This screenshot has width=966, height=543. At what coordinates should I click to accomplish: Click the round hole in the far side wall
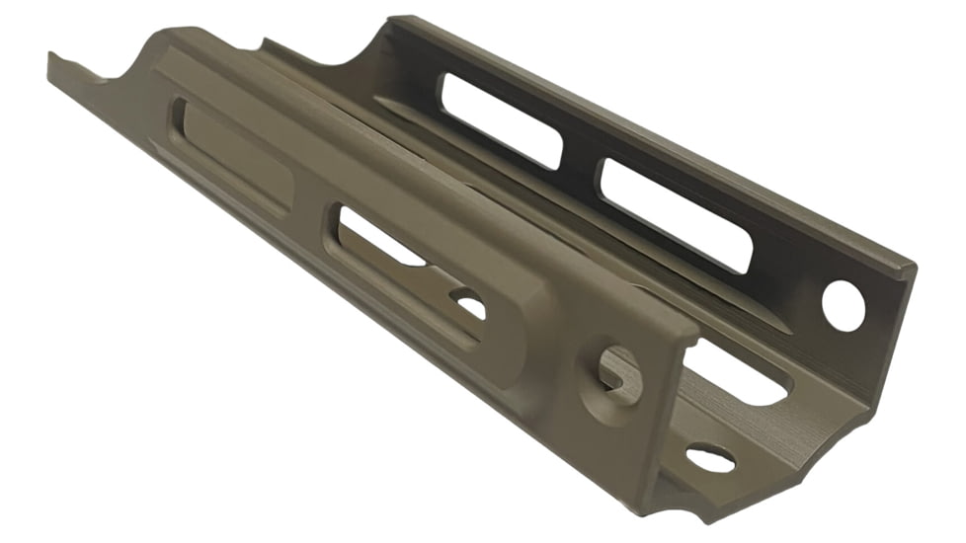click(843, 305)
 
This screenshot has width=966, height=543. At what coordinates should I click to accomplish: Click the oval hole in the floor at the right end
click(710, 457)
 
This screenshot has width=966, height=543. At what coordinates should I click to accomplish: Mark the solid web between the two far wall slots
click(581, 164)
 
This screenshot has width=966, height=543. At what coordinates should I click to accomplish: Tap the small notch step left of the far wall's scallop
click(265, 43)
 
